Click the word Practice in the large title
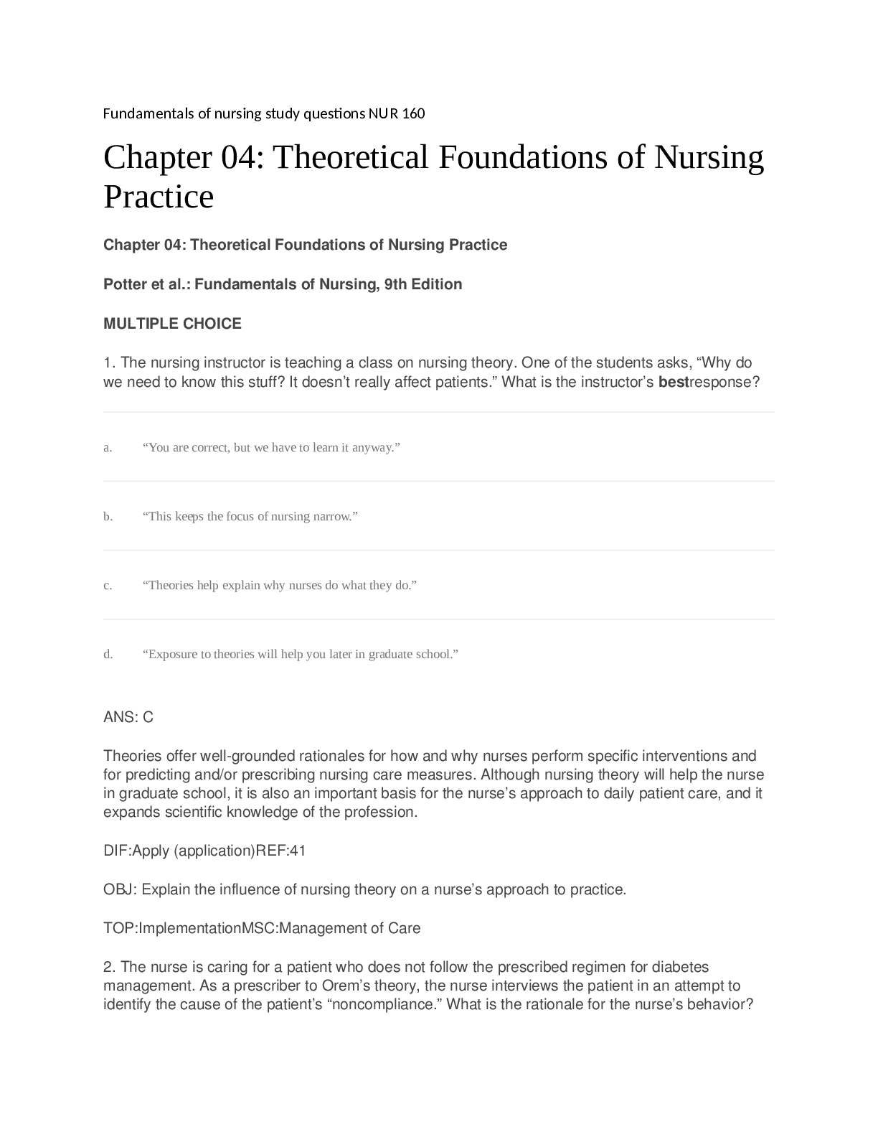click(159, 197)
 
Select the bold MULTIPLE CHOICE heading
click(172, 324)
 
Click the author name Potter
click(125, 284)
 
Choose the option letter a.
click(108, 448)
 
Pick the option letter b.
click(108, 517)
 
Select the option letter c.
click(108, 586)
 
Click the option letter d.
click(108, 655)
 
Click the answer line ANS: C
click(128, 717)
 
